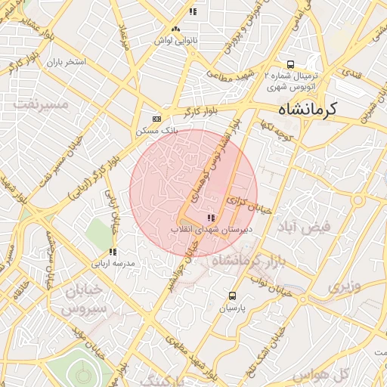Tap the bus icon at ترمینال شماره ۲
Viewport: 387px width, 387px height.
[x=291, y=65]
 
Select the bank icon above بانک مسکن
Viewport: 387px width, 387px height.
[x=156, y=119]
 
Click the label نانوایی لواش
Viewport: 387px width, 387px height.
[x=176, y=40]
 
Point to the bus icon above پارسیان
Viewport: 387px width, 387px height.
[x=232, y=296]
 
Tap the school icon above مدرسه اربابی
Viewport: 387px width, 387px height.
[x=113, y=252]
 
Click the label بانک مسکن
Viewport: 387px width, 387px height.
[x=156, y=131]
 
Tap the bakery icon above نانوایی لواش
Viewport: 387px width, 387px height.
[x=176, y=29]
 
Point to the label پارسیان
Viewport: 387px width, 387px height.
[x=232, y=308]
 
